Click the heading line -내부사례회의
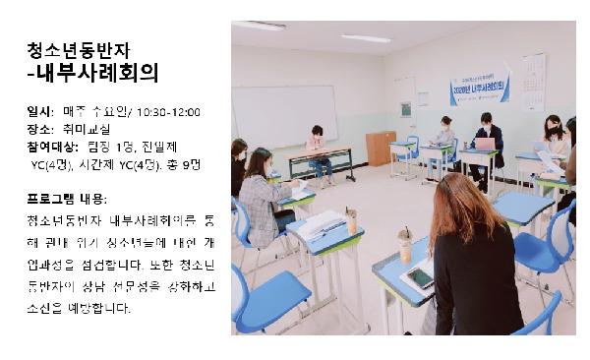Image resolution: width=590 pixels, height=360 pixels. point(92,73)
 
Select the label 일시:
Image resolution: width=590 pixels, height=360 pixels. point(41,112)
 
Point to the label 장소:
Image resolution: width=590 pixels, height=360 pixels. point(41,130)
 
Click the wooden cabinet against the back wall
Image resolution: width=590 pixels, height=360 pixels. point(380,148)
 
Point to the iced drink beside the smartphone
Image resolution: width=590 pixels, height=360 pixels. point(404,245)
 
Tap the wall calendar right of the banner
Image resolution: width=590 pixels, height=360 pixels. point(534,81)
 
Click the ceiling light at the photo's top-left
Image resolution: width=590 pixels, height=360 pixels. point(258,26)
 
